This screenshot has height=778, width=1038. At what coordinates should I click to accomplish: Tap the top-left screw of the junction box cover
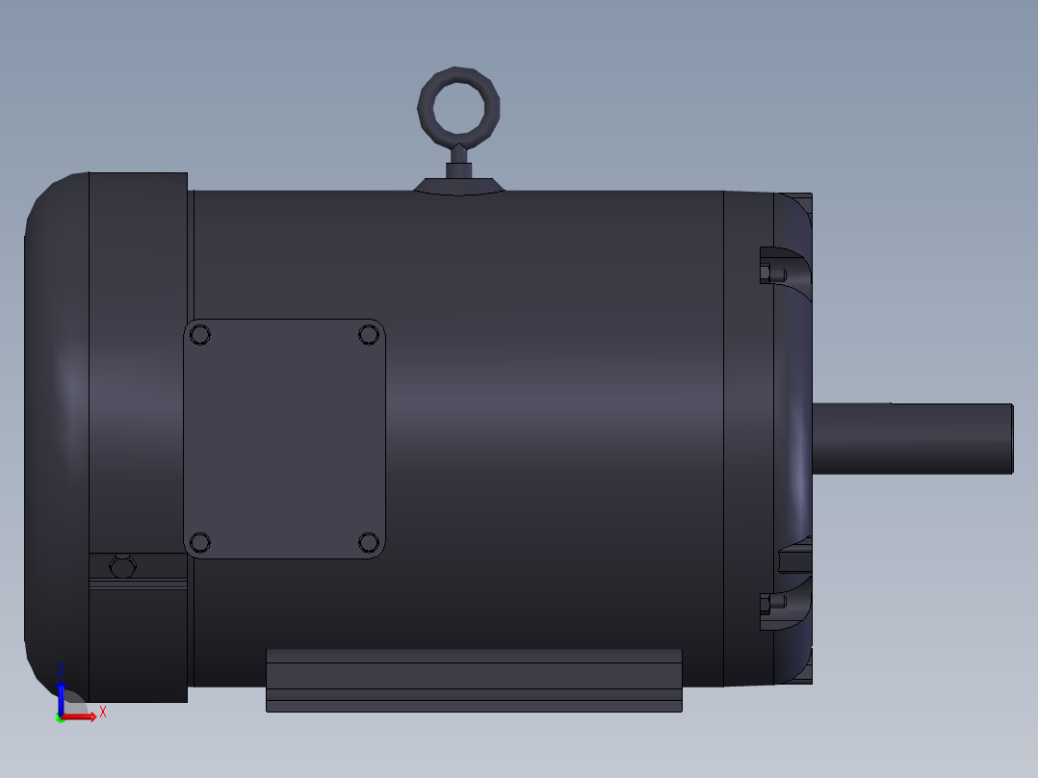200,335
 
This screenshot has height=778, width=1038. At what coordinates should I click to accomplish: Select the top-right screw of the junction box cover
369,335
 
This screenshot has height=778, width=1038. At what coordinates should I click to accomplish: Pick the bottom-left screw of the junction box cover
200,543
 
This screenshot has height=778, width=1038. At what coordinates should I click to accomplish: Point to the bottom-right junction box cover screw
369,543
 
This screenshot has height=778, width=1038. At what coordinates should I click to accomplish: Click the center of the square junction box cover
284,439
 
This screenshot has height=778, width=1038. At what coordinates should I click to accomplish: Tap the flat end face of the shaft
1011,438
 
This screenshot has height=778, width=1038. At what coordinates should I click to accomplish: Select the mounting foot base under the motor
474,681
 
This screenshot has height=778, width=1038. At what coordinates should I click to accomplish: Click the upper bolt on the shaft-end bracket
767,273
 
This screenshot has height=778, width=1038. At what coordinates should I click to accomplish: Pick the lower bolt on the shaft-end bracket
767,605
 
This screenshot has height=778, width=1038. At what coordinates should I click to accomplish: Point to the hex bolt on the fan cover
122,567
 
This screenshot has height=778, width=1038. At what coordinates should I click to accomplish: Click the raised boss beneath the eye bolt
459,186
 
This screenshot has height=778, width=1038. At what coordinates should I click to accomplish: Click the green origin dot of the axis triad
60,718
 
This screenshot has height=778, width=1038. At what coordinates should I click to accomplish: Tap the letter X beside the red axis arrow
102,712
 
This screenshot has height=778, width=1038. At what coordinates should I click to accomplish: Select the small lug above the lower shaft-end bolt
794,558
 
